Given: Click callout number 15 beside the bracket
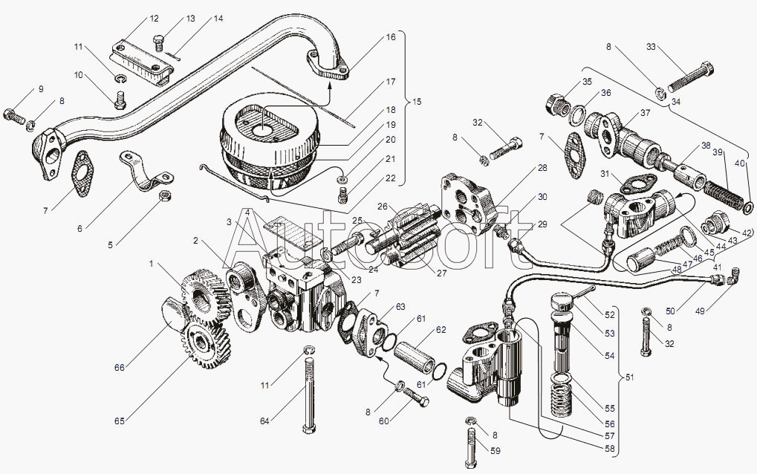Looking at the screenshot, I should (416, 101).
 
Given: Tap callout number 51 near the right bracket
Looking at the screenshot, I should (629, 378).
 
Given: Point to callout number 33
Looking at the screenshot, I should (651, 46).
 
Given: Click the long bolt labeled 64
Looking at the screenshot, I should (307, 394).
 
